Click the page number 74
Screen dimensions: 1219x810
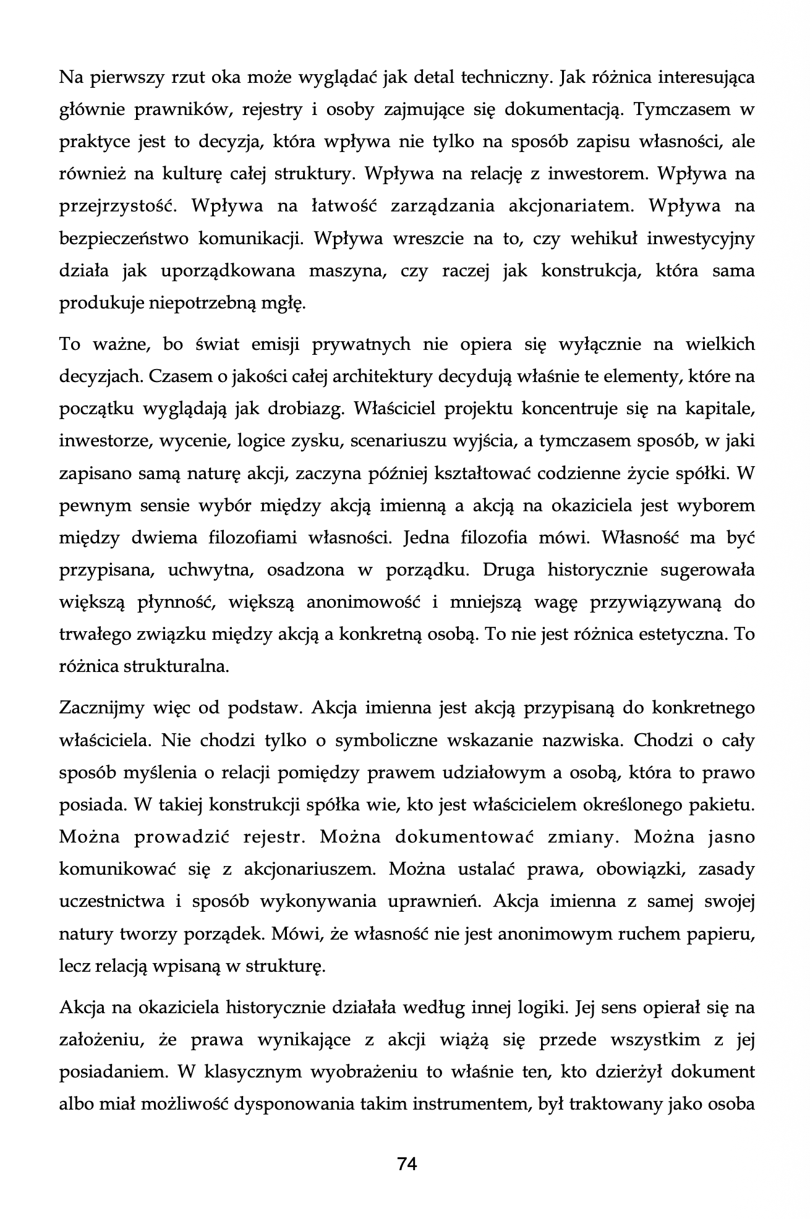[407, 1164]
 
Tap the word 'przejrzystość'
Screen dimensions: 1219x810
[118, 206]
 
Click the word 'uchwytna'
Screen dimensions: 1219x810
[211, 569]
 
